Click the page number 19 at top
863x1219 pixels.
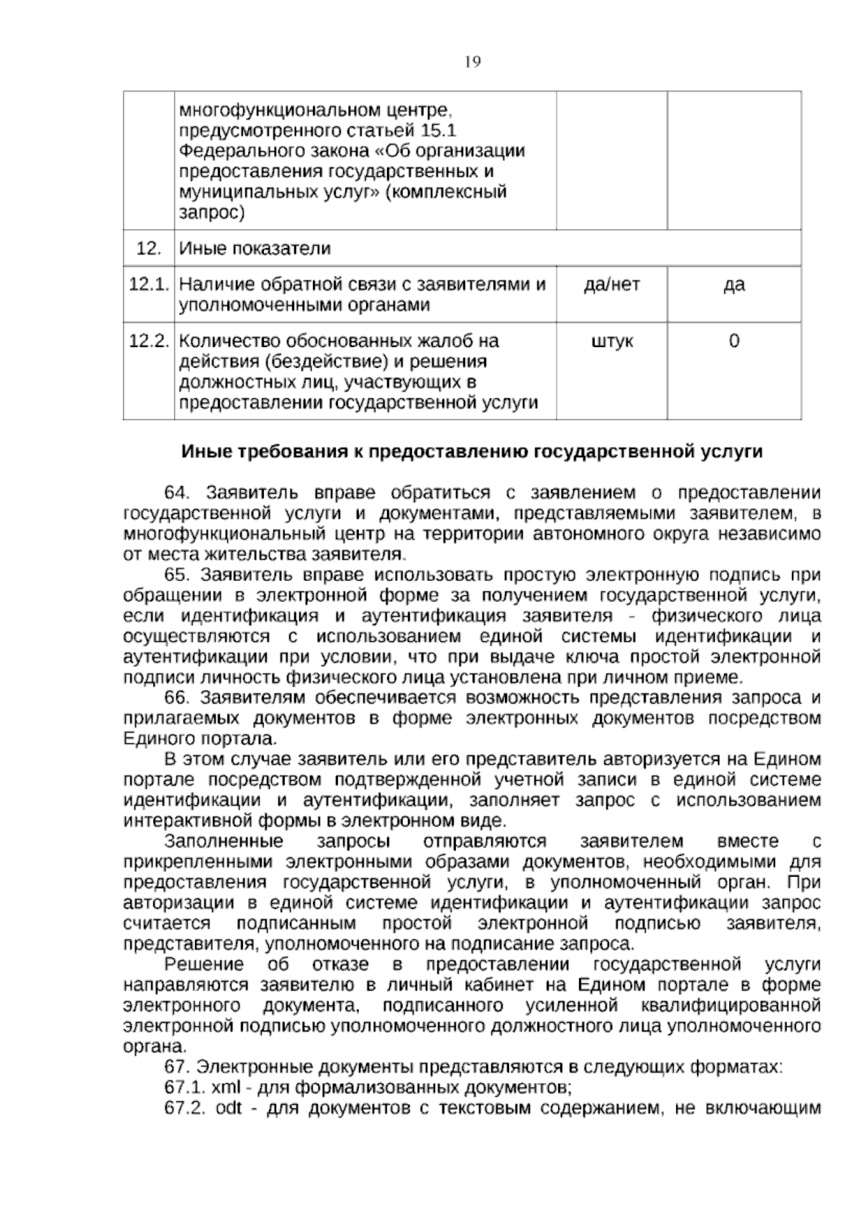click(472, 62)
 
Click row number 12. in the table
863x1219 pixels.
click(148, 249)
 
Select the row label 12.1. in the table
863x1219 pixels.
click(148, 285)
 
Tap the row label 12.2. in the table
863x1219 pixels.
click(148, 341)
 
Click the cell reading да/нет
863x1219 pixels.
click(611, 285)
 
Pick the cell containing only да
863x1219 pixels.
click(734, 285)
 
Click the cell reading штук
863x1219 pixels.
click(611, 341)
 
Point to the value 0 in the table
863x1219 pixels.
click(734, 341)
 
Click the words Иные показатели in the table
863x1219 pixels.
click(255, 249)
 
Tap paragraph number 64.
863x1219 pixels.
click(176, 493)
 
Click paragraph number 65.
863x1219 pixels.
click(176, 575)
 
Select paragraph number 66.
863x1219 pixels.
click(176, 698)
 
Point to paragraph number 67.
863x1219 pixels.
click(176, 1067)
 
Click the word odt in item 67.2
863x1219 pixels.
click(229, 1108)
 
